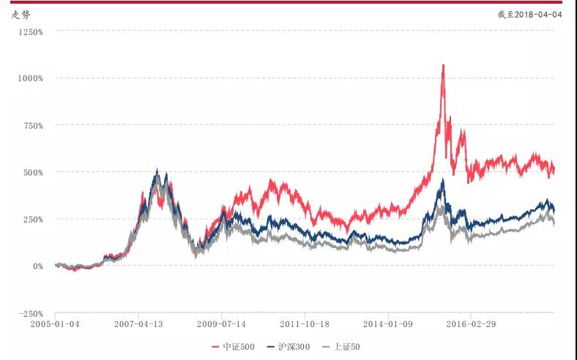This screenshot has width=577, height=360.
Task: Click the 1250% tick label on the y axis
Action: point(32,31)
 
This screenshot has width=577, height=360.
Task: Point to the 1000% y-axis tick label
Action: point(32,78)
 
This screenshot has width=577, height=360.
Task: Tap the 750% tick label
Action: point(34,125)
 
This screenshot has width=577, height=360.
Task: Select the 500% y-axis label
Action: point(34,172)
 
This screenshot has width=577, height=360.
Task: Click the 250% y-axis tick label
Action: point(34,219)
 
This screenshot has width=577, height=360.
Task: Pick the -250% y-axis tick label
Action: point(33,313)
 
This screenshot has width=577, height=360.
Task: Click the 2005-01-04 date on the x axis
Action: point(55,322)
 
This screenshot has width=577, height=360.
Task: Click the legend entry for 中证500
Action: point(234,347)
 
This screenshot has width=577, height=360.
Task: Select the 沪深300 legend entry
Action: point(291,347)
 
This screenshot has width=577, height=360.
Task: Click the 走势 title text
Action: point(21,14)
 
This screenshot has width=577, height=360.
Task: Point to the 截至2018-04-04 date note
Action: point(532,14)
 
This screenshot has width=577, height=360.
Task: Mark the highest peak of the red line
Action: point(443,65)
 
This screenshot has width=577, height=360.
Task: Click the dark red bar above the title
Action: point(288,2)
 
